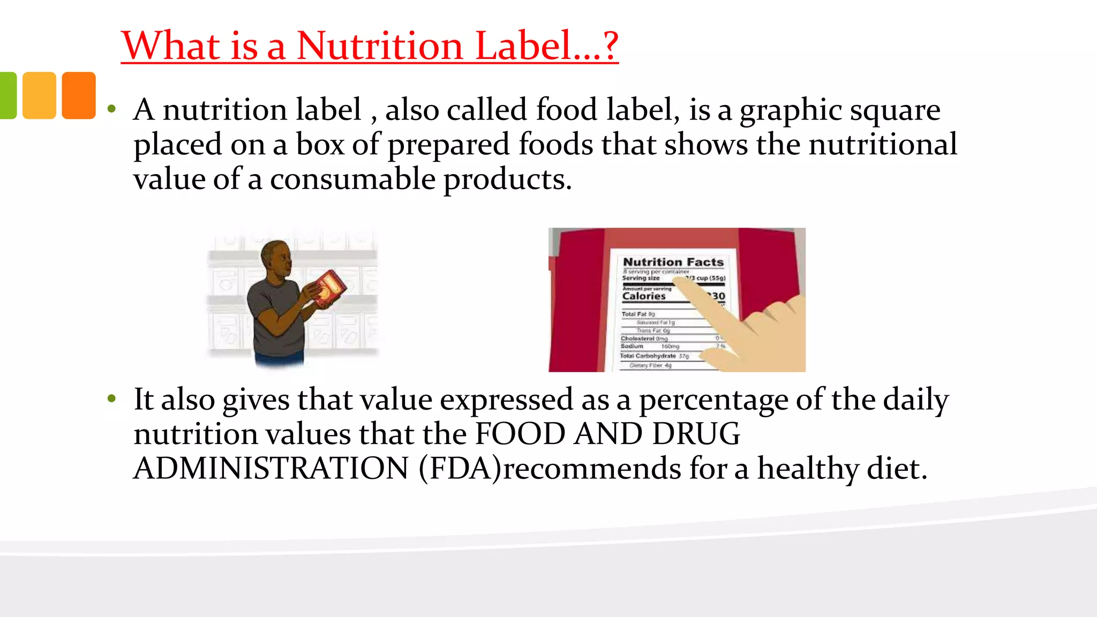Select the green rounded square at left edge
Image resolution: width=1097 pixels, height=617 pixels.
tap(7, 95)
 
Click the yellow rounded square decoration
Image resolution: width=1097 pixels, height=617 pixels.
tap(39, 95)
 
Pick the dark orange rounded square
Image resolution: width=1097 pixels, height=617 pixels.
tap(79, 95)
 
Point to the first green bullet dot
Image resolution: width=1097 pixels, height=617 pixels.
tap(111, 109)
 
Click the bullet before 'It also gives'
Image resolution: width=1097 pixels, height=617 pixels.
tap(111, 399)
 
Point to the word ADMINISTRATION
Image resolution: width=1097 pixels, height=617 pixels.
tap(271, 469)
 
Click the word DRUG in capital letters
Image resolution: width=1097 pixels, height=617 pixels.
tap(696, 434)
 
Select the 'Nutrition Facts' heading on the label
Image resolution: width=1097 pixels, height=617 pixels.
tap(673, 262)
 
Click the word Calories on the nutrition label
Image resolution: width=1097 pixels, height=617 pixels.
tap(644, 296)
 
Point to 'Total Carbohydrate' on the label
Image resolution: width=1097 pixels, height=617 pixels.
tap(648, 356)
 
